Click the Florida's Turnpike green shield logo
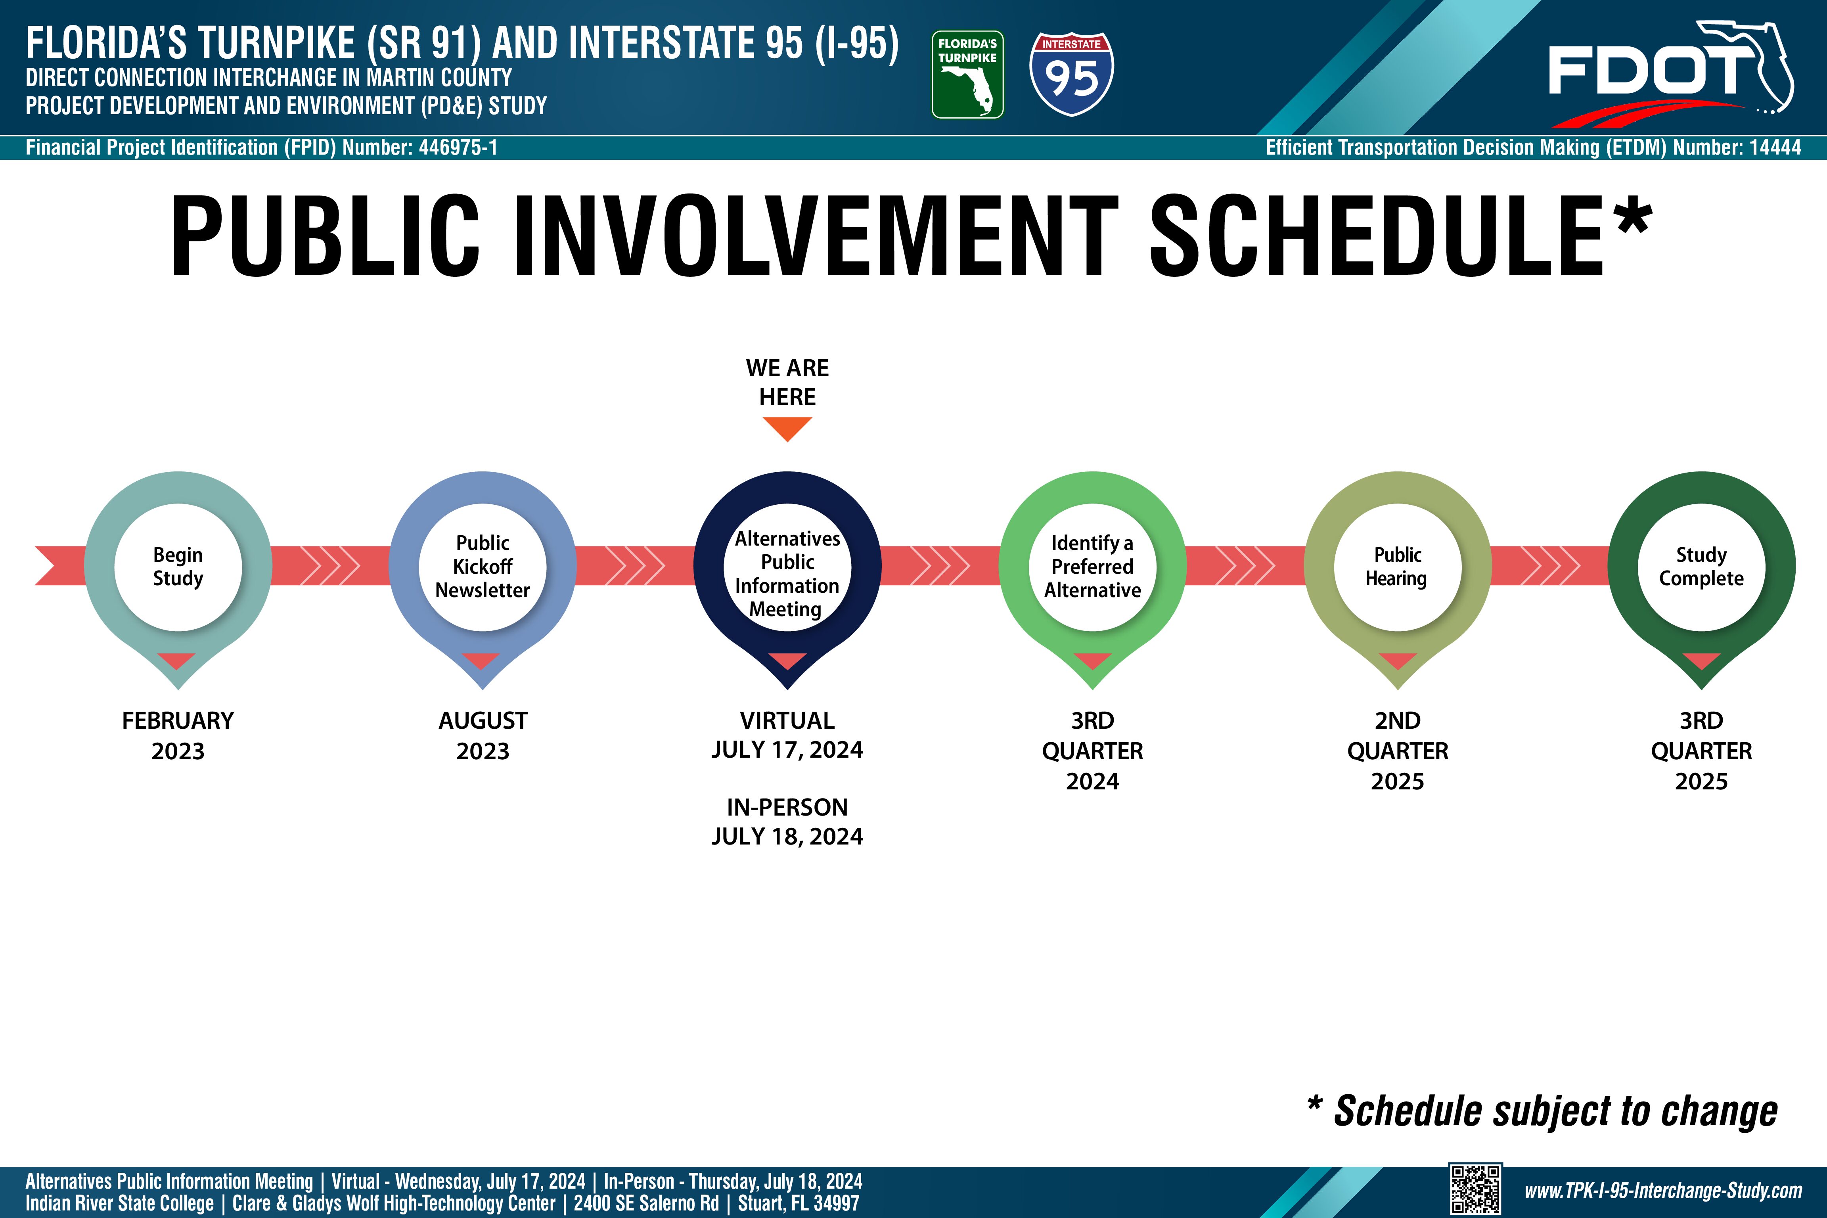(967, 75)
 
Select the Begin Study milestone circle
(178, 567)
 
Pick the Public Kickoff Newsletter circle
(483, 567)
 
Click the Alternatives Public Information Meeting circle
(787, 567)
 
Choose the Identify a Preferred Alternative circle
(1092, 567)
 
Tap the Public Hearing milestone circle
(1398, 567)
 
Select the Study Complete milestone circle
(1701, 567)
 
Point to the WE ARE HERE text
(787, 382)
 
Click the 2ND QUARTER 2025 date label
(1398, 751)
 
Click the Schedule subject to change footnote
(1543, 1111)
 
